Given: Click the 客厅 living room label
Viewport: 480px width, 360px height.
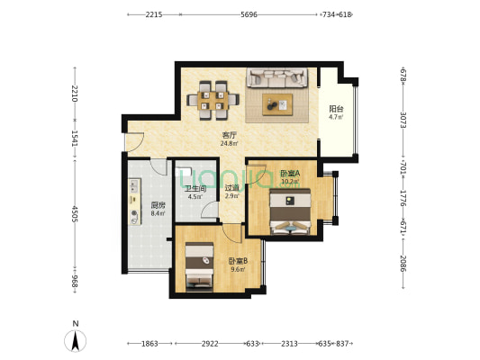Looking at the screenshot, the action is [x=230, y=135].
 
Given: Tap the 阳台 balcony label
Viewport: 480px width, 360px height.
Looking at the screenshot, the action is [x=336, y=109].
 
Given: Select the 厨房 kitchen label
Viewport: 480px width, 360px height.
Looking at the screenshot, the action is [x=158, y=205].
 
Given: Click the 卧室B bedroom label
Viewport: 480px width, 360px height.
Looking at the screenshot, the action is [x=238, y=261].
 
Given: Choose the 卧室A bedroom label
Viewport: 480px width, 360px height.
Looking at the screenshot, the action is [x=290, y=174].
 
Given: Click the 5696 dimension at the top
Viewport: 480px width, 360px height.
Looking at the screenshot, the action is [x=249, y=14].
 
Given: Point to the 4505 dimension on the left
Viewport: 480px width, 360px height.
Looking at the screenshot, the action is [x=75, y=214].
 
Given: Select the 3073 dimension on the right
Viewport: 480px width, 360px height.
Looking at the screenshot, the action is [x=403, y=121].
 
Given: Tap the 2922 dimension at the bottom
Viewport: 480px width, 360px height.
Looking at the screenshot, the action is [x=210, y=344].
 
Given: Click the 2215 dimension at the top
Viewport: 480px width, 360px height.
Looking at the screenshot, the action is [x=154, y=14].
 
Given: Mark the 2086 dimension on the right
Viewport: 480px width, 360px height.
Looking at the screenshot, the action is [x=403, y=264].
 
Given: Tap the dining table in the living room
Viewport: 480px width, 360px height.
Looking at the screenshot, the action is [x=213, y=100].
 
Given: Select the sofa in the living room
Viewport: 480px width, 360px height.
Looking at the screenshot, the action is [x=277, y=77].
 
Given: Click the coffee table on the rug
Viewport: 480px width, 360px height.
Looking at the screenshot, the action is [x=277, y=104].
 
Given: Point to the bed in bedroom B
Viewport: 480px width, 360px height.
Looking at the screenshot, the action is [x=199, y=265].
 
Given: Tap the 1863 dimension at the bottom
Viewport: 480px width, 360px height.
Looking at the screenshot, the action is [x=149, y=344].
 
